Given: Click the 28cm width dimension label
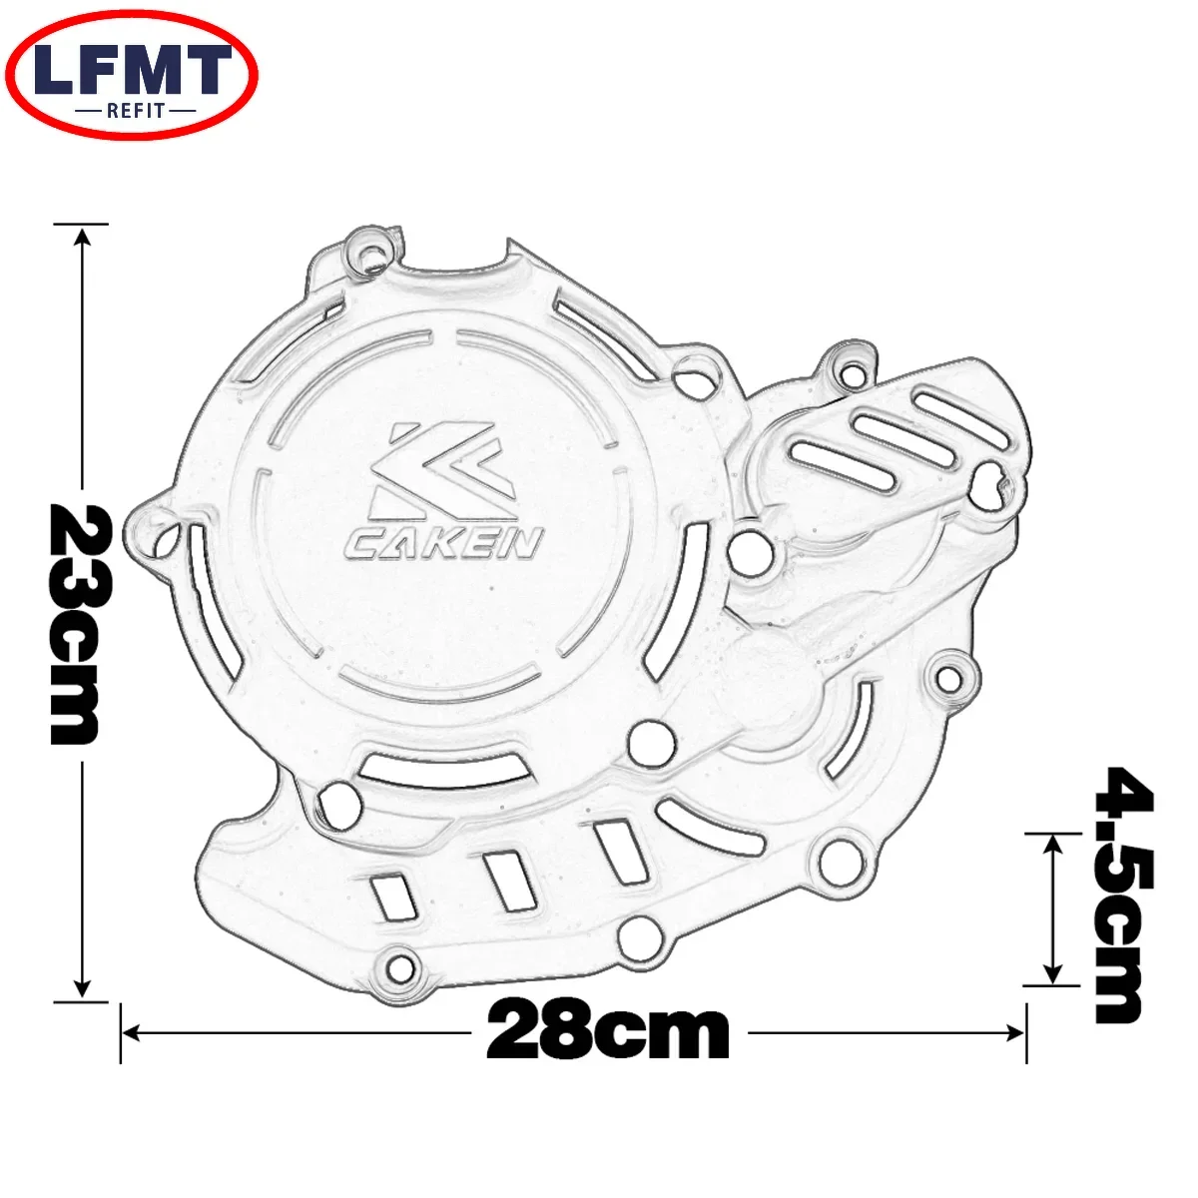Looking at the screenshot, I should coord(608,1031).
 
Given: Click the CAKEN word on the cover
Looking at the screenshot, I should coord(444,543).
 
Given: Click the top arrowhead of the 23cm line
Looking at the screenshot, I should coord(83,234).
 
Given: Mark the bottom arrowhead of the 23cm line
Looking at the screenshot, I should coord(83,988).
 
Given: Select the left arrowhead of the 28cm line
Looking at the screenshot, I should coord(130,1032).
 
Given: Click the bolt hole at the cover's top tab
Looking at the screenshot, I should coord(373,251).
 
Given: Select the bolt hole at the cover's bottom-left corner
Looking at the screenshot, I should coord(399,965).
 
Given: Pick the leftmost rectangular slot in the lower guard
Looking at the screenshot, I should coord(391,896).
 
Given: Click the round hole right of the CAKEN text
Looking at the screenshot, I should coord(747,551).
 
